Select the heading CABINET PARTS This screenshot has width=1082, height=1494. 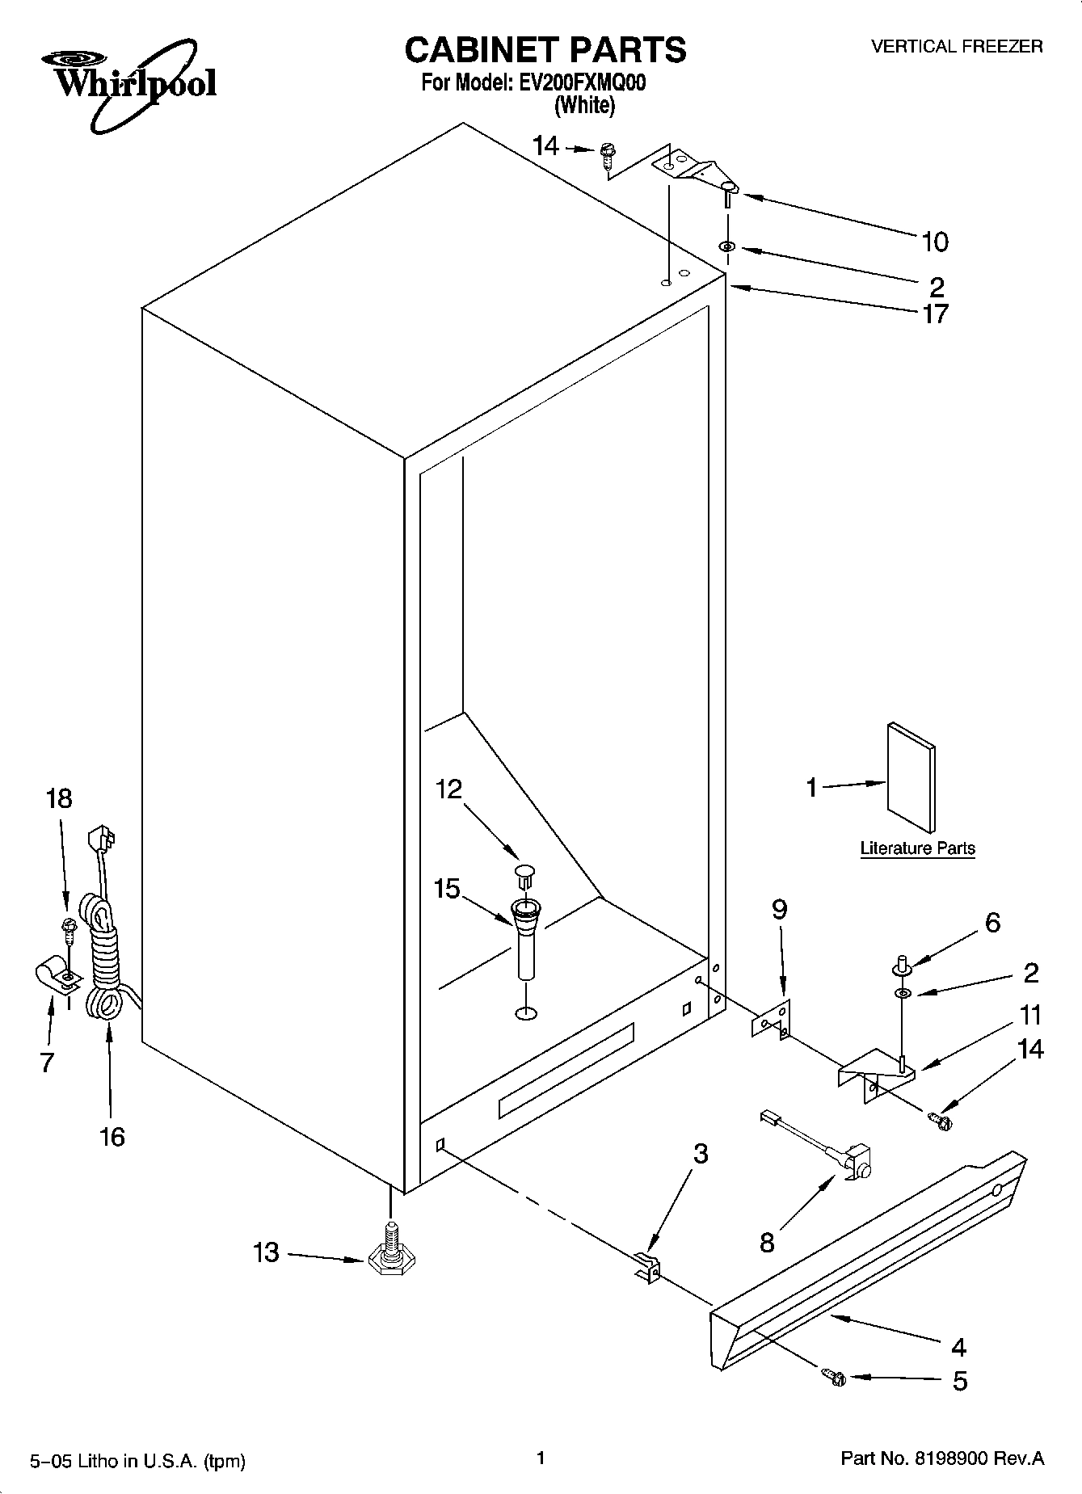click(545, 50)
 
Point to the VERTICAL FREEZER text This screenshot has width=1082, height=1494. click(956, 47)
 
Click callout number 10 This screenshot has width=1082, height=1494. click(935, 241)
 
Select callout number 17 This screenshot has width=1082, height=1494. click(935, 314)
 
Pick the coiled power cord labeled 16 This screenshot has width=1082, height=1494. click(103, 962)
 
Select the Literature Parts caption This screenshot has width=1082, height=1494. click(917, 848)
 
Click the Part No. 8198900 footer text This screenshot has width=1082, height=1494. click(942, 1458)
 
